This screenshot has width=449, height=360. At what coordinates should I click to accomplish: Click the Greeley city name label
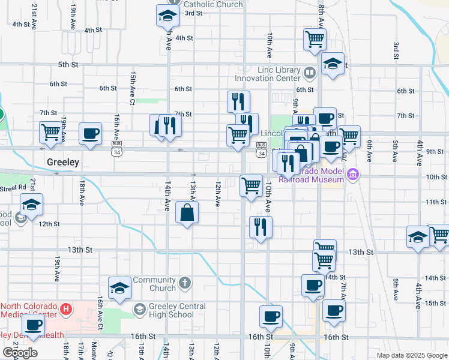(63, 162)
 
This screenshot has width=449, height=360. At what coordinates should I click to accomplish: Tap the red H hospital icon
(66, 310)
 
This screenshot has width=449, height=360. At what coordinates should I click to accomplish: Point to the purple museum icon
(353, 175)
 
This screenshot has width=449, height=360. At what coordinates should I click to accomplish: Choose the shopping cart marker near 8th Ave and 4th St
(315, 40)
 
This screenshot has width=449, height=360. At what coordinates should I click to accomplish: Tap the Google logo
(20, 353)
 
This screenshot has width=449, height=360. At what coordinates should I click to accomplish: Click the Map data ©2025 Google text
(411, 355)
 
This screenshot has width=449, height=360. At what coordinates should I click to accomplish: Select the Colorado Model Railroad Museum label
(317, 175)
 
